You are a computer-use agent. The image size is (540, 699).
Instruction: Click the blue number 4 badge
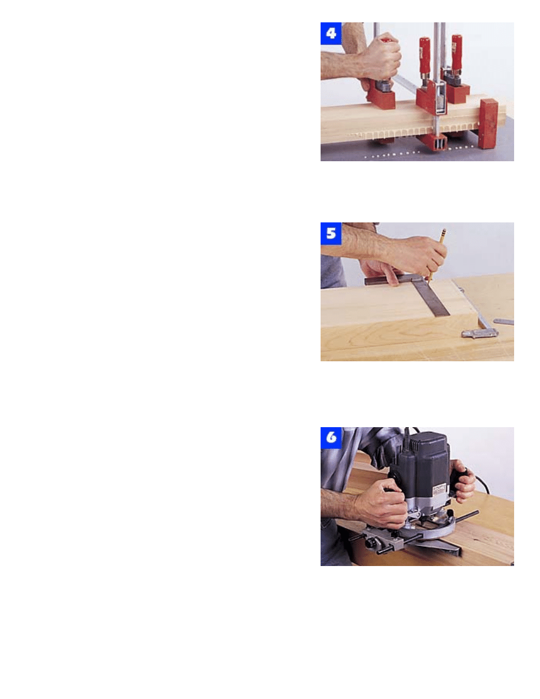point(331,34)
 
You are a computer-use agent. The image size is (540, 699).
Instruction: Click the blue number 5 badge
point(331,234)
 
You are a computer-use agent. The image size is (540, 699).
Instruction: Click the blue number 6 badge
point(331,438)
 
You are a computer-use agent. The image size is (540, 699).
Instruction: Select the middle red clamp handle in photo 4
point(424,54)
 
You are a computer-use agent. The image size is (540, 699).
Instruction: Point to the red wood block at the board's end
point(488,123)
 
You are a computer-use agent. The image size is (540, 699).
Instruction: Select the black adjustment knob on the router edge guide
point(371,544)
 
